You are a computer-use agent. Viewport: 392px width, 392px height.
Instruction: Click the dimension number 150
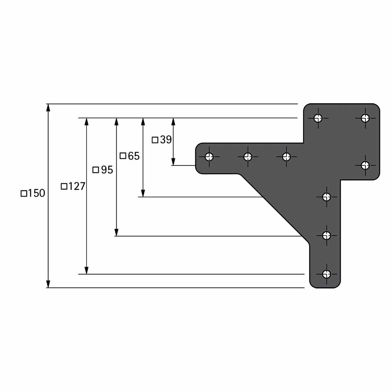pos(36,193)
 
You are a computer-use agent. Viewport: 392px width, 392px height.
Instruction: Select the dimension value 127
pos(76,186)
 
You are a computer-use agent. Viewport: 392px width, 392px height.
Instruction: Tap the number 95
pos(107,170)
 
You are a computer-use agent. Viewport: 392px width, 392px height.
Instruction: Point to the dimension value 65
pos(134,156)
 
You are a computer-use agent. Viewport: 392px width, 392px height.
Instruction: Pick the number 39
pos(166,139)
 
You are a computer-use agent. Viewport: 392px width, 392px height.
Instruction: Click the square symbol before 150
pos(24,193)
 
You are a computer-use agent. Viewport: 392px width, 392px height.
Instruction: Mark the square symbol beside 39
pos(155,140)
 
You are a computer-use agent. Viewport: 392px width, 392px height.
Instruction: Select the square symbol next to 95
pos(96,170)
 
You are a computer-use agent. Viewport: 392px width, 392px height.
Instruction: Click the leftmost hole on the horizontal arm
pos(209,157)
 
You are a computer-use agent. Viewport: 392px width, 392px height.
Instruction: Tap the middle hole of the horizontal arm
pos(248,157)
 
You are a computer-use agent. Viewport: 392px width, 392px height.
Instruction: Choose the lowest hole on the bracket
pos(327,274)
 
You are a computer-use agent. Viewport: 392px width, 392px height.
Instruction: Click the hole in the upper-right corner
pos(365,118)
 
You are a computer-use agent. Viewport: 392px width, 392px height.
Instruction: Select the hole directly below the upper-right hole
pos(365,165)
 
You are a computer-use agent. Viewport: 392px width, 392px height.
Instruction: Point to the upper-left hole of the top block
pos(318,118)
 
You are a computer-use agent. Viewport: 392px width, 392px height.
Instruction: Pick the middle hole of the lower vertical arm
pos(327,236)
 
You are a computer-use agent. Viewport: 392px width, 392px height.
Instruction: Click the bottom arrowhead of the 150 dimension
pos(48,284)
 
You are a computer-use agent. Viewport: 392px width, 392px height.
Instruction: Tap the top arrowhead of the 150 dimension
pos(48,107)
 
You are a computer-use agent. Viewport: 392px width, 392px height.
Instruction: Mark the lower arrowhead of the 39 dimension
pos(173,162)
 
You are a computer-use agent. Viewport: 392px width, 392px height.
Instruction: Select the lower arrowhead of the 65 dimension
pos(143,193)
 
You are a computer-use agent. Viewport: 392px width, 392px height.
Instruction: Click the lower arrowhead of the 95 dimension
pos(116,233)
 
